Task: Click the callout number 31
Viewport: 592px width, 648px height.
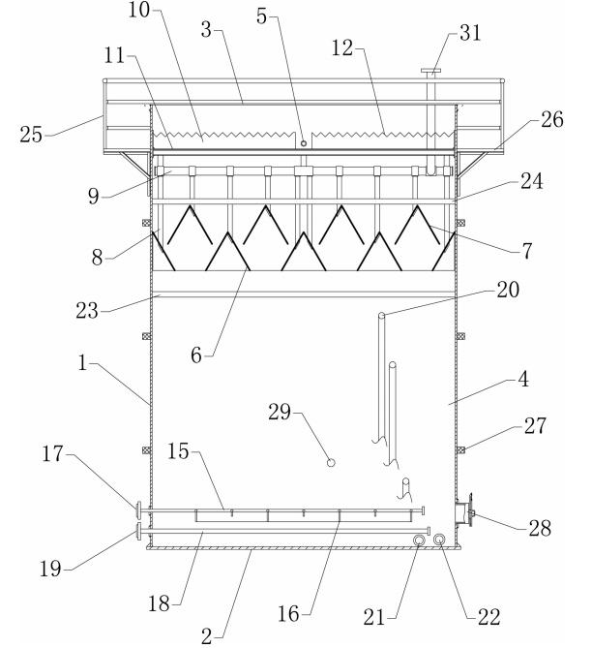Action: [x=470, y=32]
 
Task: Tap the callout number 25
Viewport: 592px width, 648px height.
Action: [x=31, y=135]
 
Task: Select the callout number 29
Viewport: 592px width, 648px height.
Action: [x=280, y=412]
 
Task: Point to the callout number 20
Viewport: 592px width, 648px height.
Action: [x=508, y=290]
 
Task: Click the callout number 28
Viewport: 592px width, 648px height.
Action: [x=540, y=528]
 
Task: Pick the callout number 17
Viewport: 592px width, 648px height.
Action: [x=53, y=453]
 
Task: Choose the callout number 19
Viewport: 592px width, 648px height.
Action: [x=50, y=569]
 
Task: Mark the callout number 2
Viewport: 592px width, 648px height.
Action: [x=207, y=635]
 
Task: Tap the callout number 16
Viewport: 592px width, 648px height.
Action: [x=288, y=614]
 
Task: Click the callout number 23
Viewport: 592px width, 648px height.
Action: [x=87, y=310]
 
